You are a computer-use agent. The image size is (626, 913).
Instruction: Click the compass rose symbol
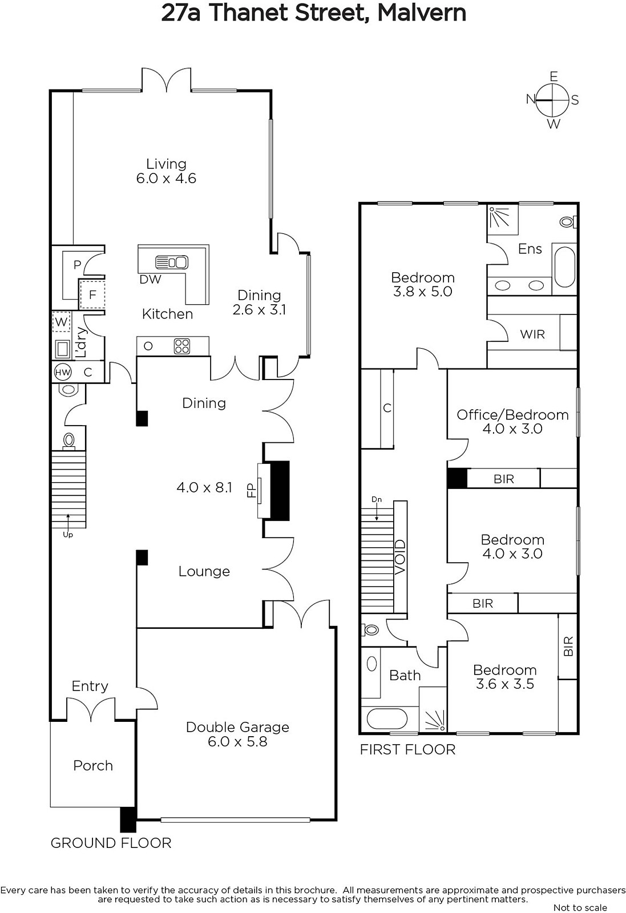point(552,100)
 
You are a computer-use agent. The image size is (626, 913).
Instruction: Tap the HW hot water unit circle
point(62,371)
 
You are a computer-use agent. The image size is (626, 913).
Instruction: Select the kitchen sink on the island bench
point(172,262)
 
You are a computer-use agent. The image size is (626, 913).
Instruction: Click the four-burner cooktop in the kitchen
point(182,346)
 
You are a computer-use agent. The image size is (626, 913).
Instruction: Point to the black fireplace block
point(280,490)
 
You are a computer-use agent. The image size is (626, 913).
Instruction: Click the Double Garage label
point(237,727)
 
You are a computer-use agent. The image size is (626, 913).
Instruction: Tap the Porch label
point(93,765)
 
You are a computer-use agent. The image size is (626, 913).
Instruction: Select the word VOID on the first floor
point(400,557)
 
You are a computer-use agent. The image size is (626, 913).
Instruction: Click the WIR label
point(532,334)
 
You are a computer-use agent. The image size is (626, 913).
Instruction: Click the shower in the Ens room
point(503,220)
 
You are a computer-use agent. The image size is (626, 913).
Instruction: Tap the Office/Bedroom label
point(512,414)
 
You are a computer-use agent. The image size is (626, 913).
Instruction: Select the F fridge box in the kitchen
point(92,294)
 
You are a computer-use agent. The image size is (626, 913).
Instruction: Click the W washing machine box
point(61,322)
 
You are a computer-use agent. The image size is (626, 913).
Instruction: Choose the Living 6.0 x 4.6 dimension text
point(166,171)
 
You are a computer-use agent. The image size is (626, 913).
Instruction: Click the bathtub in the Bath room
point(387,718)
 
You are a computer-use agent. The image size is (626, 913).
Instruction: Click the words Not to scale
point(580,908)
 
